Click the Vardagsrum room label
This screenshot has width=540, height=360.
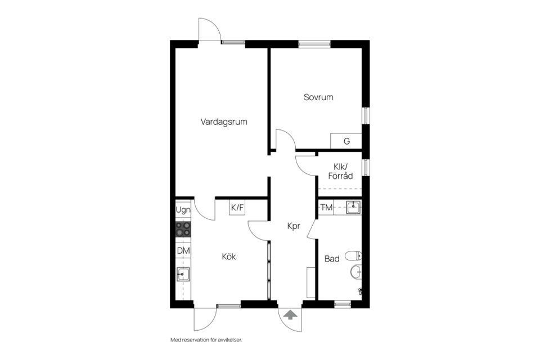[224, 121]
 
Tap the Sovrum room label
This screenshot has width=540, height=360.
[318, 97]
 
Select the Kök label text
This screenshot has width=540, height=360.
[228, 257]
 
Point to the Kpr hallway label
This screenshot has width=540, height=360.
[293, 226]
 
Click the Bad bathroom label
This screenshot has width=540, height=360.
[332, 259]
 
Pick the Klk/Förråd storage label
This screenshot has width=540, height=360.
[340, 172]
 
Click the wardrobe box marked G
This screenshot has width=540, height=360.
[346, 141]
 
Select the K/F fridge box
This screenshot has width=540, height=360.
[237, 208]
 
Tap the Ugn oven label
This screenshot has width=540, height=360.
[183, 210]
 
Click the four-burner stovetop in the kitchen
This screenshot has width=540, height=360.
[183, 229]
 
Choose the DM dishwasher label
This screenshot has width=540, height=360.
[183, 250]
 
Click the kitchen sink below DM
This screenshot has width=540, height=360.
[183, 274]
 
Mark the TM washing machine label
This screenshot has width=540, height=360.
[326, 208]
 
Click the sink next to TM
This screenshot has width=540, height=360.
[353, 208]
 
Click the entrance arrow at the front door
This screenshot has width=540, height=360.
[290, 315]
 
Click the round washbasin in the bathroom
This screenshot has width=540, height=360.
[355, 273]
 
